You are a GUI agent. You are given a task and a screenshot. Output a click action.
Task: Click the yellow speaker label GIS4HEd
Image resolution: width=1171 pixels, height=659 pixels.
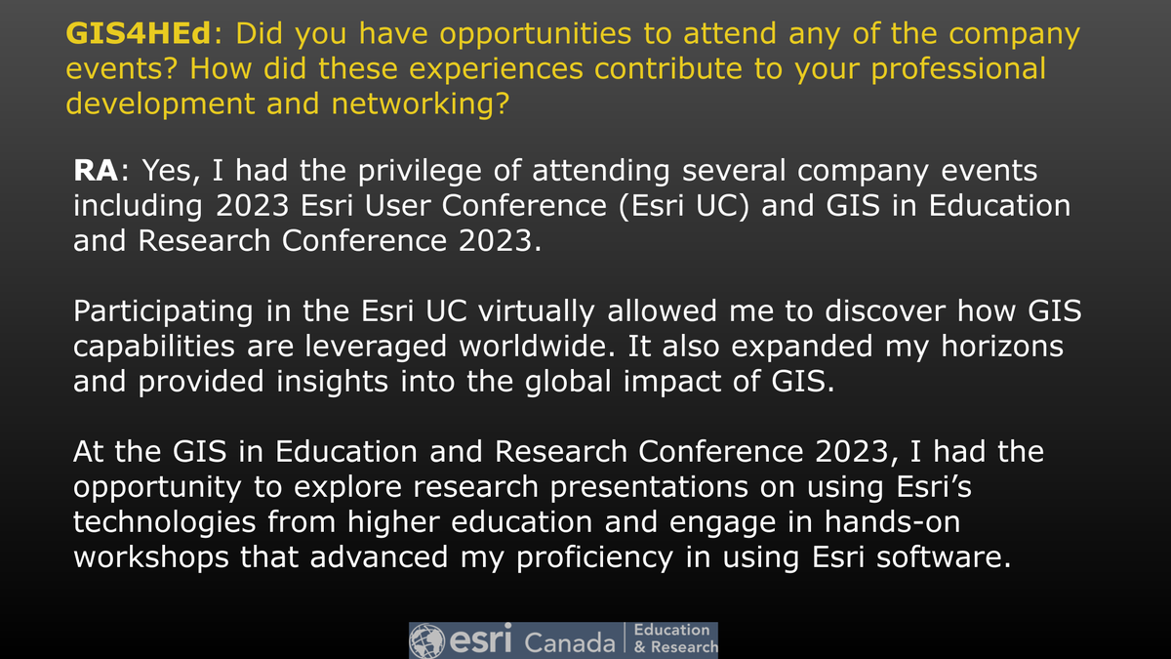click(x=139, y=35)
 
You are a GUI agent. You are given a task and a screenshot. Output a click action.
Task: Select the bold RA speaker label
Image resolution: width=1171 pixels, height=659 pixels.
click(x=97, y=172)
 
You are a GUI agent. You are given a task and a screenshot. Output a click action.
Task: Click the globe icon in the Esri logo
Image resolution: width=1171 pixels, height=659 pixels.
click(x=427, y=640)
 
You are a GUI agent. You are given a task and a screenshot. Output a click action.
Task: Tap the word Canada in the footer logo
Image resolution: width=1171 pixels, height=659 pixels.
click(x=571, y=642)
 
